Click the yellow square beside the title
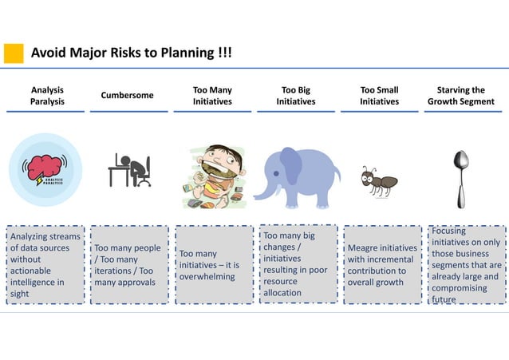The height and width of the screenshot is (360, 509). click(x=14, y=53)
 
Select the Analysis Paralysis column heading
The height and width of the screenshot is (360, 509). click(x=48, y=96)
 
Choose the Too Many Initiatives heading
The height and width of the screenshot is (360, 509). click(x=212, y=96)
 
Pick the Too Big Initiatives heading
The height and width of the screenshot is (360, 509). click(x=296, y=96)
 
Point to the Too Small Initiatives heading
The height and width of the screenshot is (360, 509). click(x=379, y=96)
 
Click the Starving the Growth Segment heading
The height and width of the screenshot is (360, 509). click(x=460, y=96)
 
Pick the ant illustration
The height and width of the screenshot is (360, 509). click(x=375, y=181)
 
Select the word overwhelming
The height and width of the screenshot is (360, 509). click(x=207, y=276)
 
